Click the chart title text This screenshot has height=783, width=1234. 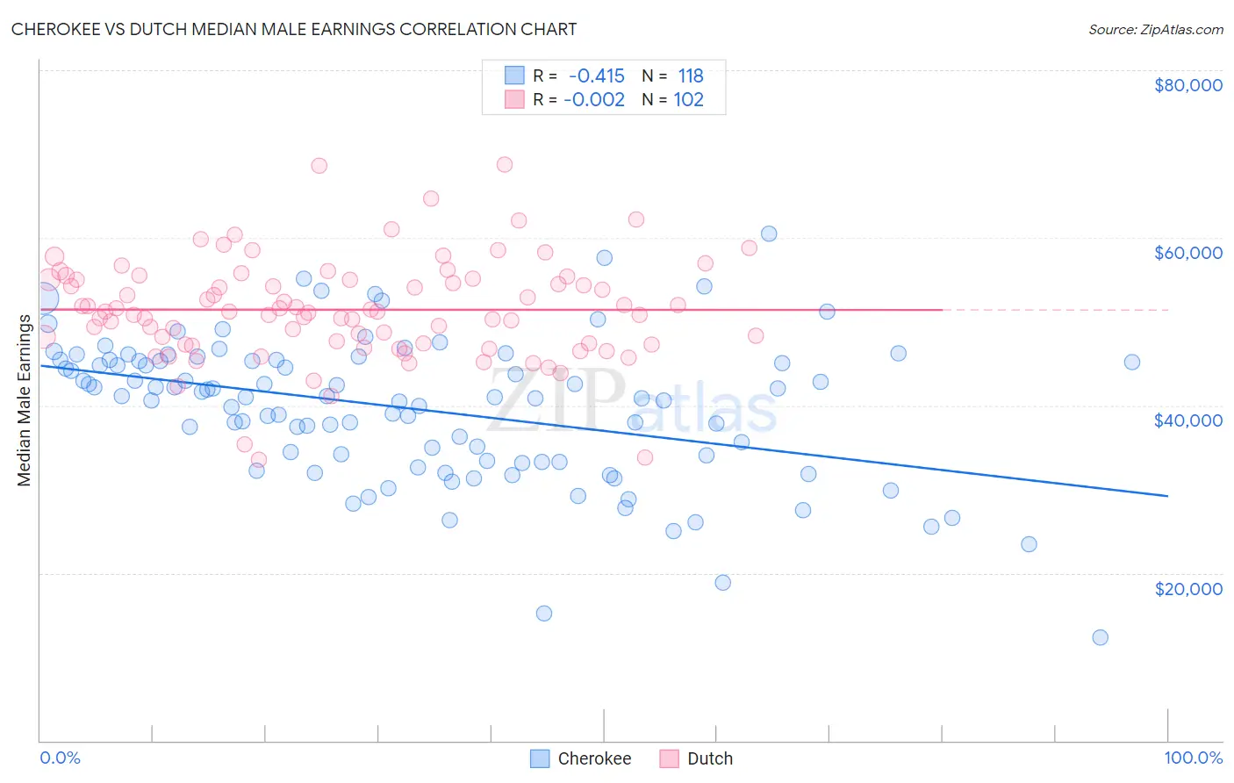(294, 29)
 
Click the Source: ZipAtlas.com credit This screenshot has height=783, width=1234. (1155, 29)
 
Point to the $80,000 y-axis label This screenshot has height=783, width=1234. (1187, 85)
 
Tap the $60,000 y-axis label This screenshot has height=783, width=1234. (1187, 253)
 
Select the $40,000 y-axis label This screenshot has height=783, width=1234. (1187, 420)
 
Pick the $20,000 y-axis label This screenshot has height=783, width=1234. (1187, 588)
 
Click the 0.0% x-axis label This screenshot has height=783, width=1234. (60, 758)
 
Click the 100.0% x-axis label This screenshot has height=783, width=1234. (1193, 758)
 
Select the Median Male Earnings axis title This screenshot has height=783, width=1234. (24, 400)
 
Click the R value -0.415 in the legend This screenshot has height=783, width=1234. (597, 76)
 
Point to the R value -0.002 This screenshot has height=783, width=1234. (594, 99)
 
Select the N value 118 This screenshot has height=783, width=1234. (691, 76)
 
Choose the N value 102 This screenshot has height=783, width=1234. (689, 99)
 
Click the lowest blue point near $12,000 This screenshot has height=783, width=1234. (1100, 637)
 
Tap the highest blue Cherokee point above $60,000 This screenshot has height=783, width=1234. (769, 233)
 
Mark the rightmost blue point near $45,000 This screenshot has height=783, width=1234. (1132, 363)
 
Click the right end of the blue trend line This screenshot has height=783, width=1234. (1166, 496)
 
